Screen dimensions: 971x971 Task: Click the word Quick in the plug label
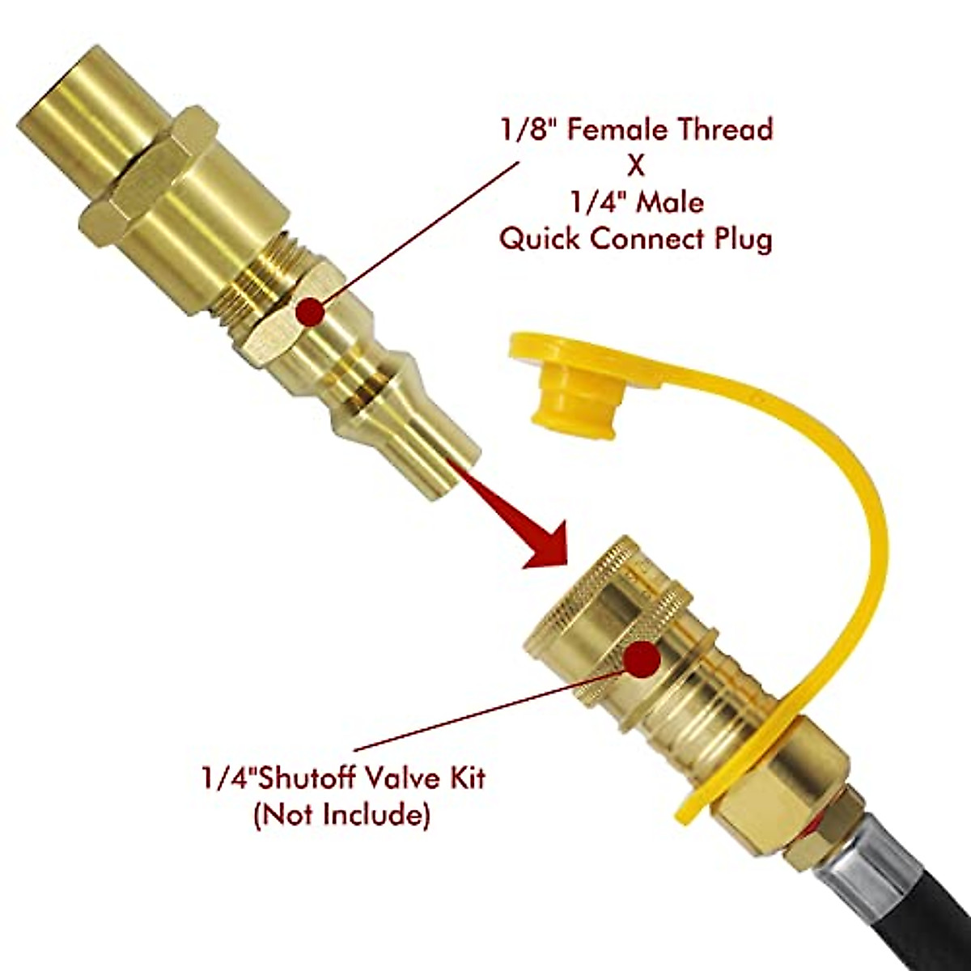[x=543, y=240]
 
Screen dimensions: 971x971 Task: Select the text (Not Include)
[x=340, y=815]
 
